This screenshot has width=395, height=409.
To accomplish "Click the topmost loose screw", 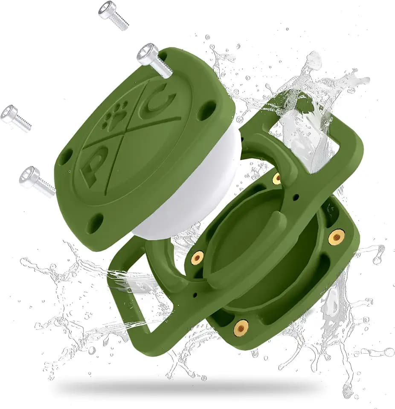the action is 113,14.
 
